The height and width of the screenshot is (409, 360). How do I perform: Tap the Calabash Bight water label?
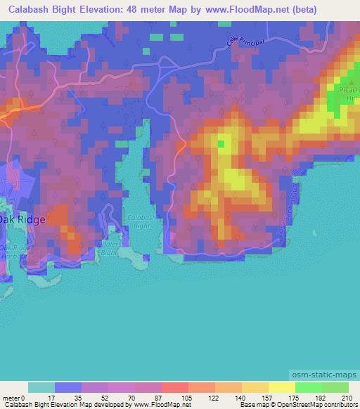[x=139, y=222]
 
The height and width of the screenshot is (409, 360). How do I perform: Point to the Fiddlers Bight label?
[x=106, y=248]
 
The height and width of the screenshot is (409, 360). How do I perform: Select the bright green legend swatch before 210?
[x=335, y=387]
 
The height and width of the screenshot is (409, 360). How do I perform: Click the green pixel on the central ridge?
[x=221, y=145]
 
